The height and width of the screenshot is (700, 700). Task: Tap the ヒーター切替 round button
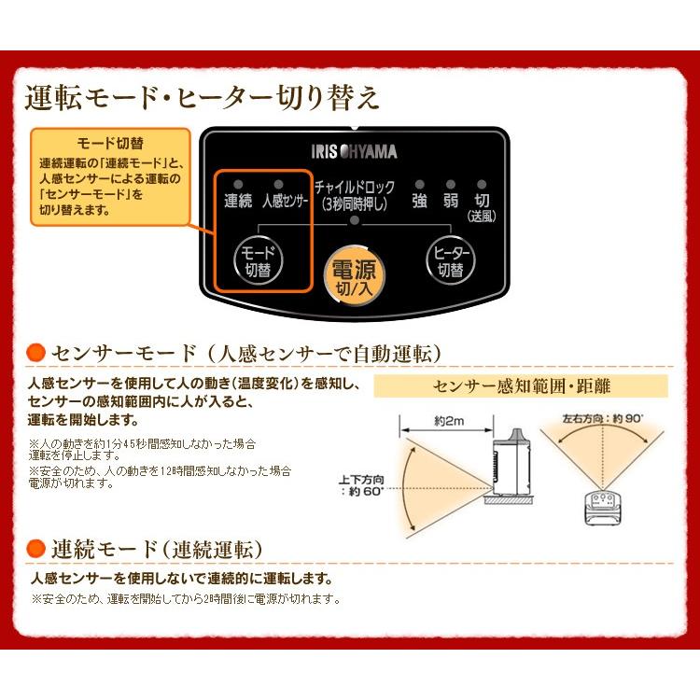click(450, 262)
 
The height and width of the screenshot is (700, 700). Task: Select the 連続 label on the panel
click(239, 200)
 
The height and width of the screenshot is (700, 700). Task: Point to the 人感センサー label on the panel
click(284, 200)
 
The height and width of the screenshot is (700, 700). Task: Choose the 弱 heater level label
click(451, 200)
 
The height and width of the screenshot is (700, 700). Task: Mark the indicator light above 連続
click(239, 185)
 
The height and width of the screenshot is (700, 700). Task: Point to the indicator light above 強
click(420, 185)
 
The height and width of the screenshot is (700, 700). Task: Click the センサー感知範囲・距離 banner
click(521, 385)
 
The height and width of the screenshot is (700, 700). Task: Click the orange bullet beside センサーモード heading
click(36, 352)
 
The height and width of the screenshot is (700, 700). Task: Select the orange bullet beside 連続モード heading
click(36, 548)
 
